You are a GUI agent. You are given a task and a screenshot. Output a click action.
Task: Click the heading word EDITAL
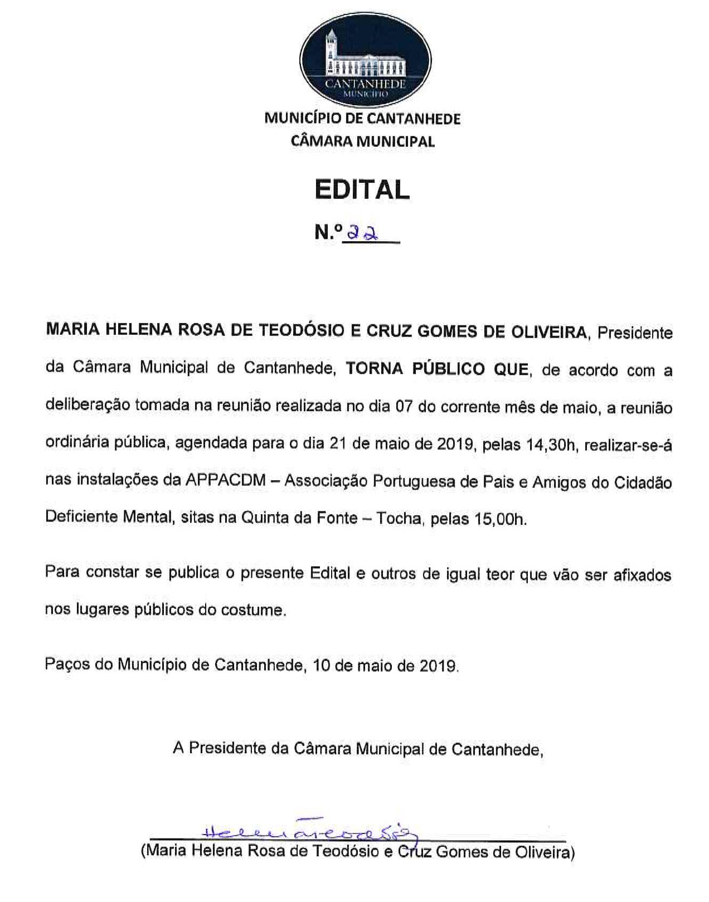[x=362, y=190]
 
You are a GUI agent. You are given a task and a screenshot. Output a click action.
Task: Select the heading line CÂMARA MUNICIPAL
[x=362, y=142]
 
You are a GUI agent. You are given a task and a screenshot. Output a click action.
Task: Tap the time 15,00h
[x=500, y=519]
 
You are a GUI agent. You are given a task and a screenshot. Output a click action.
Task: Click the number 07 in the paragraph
[x=404, y=407]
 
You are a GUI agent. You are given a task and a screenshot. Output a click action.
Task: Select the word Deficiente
[x=81, y=517]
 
